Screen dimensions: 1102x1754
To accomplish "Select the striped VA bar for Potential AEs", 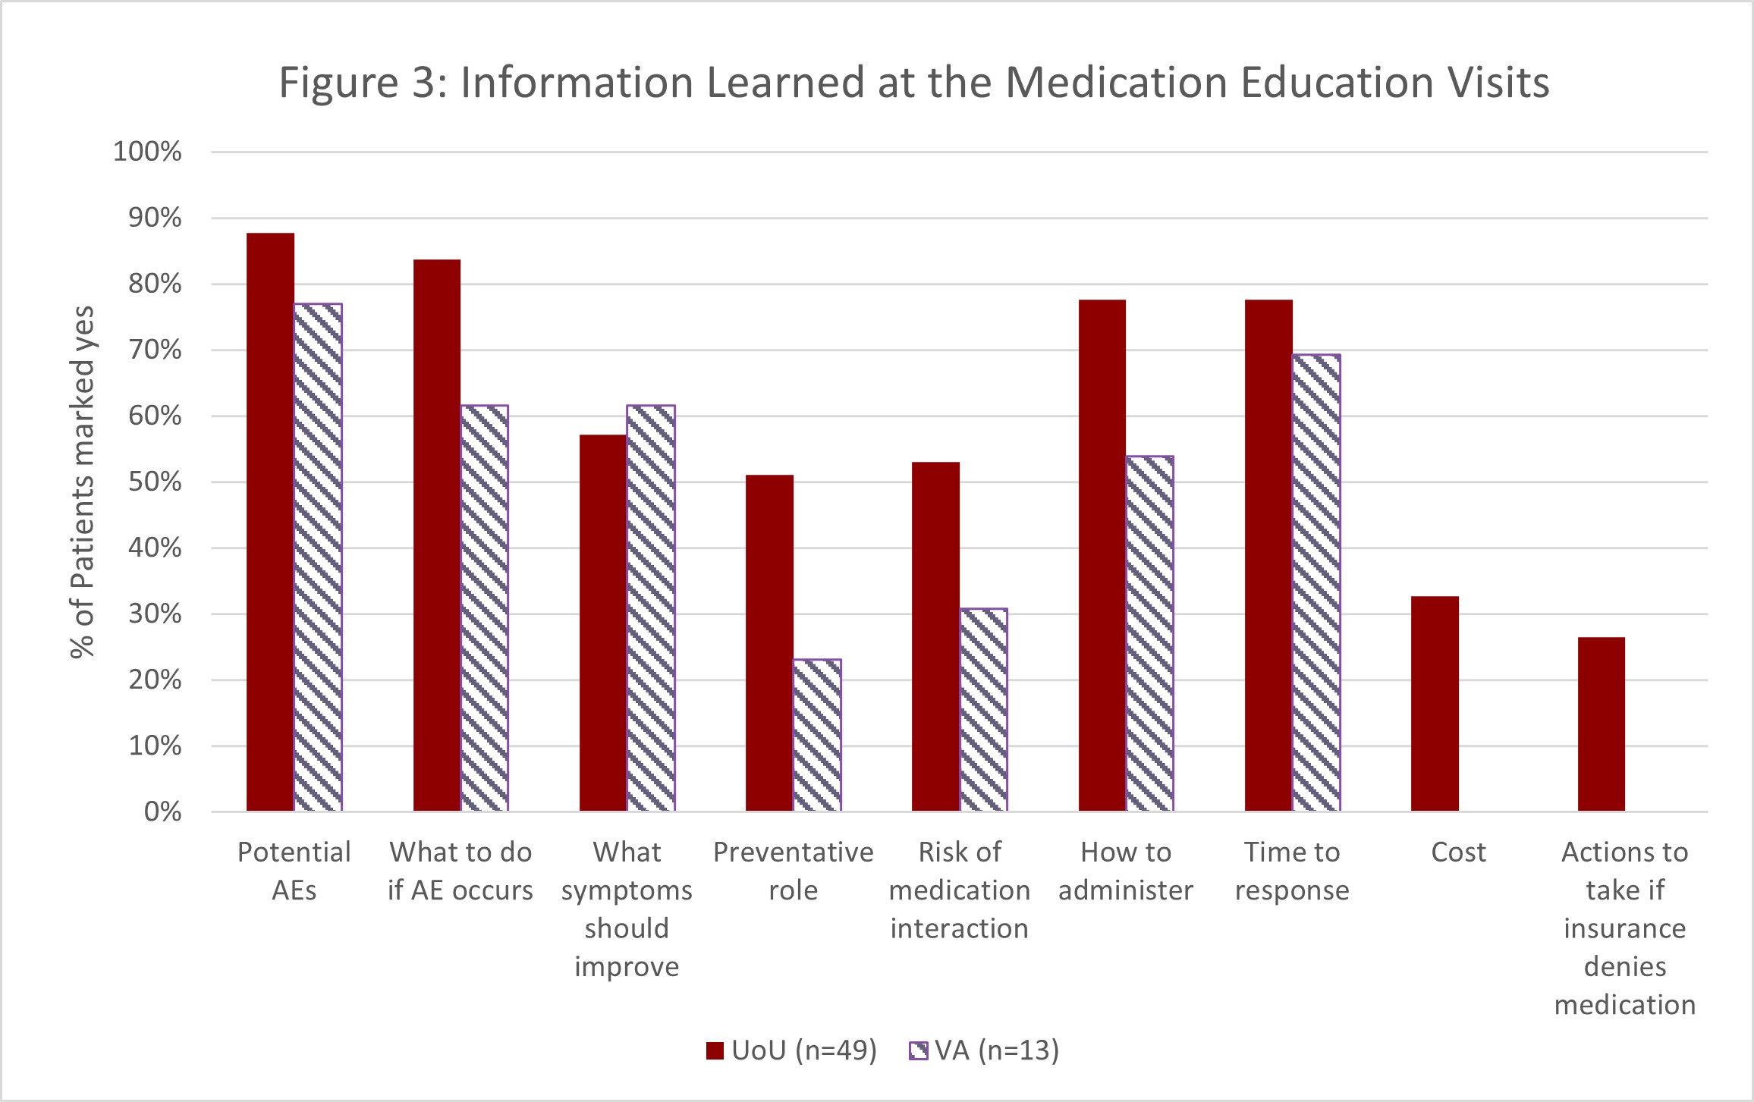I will pos(318,557).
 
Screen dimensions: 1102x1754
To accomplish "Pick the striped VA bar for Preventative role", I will pos(817,735).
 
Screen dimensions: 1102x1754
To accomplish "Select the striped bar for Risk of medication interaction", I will pos(983,710).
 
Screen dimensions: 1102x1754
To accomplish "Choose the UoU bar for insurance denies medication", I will pos(1601,724).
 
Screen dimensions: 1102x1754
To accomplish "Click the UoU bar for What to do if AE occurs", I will pos(436,535).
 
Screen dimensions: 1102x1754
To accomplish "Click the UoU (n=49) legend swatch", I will pos(715,1050).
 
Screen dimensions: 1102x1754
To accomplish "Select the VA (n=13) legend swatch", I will pos(918,1050).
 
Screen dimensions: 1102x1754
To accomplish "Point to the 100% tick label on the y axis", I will pos(147,152).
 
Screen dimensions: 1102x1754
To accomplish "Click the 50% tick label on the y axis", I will pos(155,482).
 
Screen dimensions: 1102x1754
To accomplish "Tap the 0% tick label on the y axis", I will pos(162,812).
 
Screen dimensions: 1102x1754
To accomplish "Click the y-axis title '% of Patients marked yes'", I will pos(82,482).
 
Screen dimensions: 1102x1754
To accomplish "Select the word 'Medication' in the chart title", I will pos(1116,82).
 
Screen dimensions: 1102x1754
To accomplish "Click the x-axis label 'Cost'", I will pos(1458,852).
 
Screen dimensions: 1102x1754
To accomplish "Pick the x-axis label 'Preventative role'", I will pos(793,871).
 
